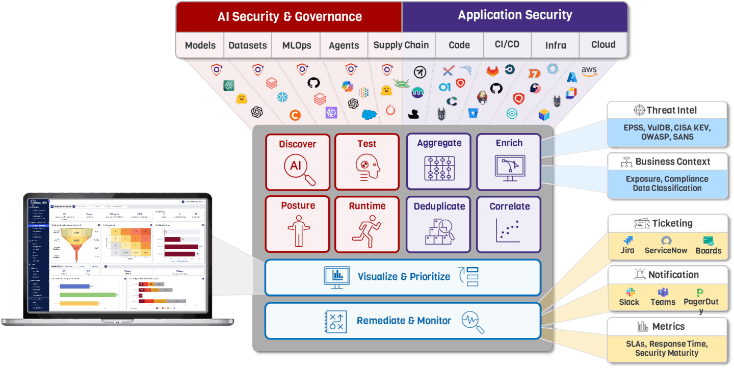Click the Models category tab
tap(200, 45)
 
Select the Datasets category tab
tap(248, 45)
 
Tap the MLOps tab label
tap(297, 45)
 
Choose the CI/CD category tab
tap(507, 44)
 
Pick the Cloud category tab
tap(604, 44)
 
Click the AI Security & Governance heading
tap(290, 16)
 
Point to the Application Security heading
tap(515, 15)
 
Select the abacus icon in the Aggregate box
tap(439, 168)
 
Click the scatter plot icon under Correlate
tap(509, 231)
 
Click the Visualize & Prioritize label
tap(404, 277)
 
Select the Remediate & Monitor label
tap(404, 321)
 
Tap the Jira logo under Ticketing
tap(627, 241)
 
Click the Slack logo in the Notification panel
tap(630, 292)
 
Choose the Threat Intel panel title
tap(671, 110)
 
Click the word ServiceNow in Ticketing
tap(666, 250)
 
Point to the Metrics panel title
tap(668, 326)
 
